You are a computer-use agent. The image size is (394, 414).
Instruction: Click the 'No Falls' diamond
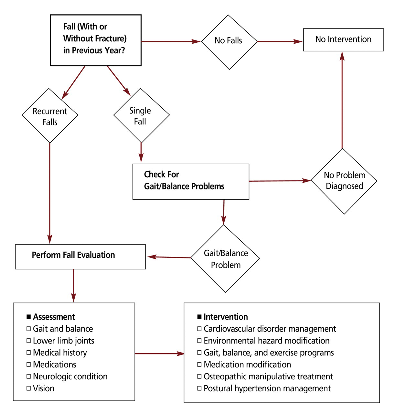point(229,41)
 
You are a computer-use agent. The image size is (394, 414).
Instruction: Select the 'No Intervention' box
point(343,39)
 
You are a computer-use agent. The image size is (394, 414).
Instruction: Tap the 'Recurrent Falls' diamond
point(50,116)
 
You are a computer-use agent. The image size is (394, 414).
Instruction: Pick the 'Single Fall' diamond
point(141,115)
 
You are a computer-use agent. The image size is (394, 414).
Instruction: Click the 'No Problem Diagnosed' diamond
point(344,181)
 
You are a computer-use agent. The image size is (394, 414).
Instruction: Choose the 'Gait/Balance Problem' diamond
point(225,259)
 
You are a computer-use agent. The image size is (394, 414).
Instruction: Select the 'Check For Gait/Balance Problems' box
point(191,181)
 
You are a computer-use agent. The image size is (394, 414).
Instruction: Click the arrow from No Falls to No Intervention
point(280,41)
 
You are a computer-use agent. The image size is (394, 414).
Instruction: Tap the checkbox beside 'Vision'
point(29,388)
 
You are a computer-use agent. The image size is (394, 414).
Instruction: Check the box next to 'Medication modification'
point(199,365)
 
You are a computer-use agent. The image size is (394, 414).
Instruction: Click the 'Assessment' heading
point(54,317)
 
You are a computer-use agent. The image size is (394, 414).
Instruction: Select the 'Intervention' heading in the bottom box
point(226,317)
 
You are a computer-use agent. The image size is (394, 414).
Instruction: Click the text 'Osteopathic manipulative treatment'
point(268,376)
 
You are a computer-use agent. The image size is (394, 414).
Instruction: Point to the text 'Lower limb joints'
point(63,341)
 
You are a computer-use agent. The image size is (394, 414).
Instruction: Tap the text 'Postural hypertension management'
point(267,388)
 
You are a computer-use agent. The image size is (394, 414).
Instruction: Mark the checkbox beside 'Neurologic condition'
point(29,376)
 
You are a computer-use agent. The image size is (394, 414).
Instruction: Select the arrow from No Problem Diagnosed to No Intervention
point(342,100)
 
